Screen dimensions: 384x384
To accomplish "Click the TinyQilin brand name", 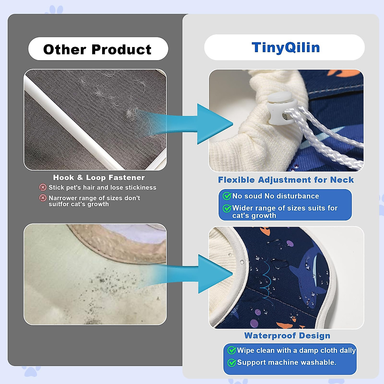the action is pos(286,47).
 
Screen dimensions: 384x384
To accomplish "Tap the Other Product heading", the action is pos(97,49).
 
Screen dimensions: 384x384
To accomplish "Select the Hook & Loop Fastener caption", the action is pos(99,177).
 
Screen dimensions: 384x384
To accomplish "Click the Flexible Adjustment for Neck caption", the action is pos(286,180).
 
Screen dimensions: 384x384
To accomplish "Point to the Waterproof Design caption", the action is pos(287,336).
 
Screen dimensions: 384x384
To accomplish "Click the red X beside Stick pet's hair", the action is pos(43,187).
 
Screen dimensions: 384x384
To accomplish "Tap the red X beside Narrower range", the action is pos(43,198).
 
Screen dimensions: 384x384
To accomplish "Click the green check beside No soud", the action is pos(227,196).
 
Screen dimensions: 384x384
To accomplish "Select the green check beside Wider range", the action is pos(227,208).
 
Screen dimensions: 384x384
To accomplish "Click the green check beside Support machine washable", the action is pos(232,363).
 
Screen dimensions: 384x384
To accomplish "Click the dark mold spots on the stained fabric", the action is pos(112,287).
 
